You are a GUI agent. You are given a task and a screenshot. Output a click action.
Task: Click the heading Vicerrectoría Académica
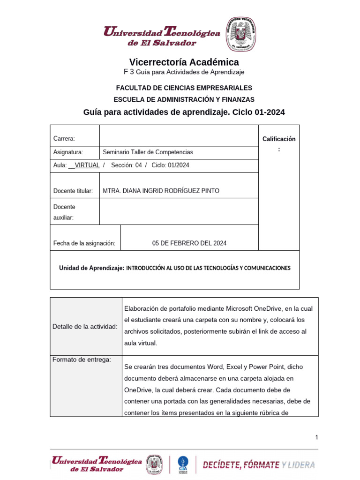tap(184, 62)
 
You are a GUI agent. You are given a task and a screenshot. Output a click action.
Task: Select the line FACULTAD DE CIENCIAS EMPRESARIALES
tap(184, 88)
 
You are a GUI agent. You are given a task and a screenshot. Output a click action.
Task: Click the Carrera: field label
tap(64, 138)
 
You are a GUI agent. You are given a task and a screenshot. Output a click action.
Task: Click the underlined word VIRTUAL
tap(87, 165)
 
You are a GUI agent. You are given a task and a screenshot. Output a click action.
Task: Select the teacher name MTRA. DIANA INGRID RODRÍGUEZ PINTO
tap(161, 191)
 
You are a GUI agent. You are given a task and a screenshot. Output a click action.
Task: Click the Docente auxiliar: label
tap(64, 212)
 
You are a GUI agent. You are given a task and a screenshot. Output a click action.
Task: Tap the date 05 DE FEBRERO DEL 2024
tap(189, 243)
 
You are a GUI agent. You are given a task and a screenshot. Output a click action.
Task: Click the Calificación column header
tap(279, 139)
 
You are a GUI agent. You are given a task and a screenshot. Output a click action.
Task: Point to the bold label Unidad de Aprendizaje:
tap(91, 268)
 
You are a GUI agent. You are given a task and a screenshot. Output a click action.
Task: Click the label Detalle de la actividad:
tap(85, 326)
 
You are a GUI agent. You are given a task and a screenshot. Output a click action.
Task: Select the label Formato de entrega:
tap(82, 360)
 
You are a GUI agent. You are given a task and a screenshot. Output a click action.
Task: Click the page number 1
tap(317, 437)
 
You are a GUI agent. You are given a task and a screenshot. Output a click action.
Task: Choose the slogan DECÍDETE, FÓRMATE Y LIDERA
tap(259, 465)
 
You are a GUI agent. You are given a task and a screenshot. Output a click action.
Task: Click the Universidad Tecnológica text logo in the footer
tap(97, 465)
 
